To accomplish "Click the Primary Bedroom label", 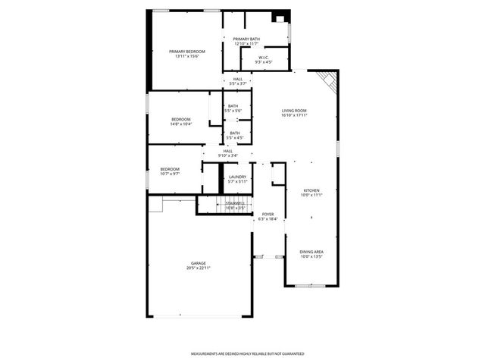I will coord(186,51).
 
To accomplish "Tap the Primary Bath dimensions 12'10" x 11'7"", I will coord(246,43).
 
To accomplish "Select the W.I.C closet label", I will coord(264,57).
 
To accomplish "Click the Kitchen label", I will coord(311,190).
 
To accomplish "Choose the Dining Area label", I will coord(311,252).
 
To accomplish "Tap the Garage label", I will coord(199,263).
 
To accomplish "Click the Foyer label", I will coord(268,215).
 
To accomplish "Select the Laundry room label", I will coord(237,177).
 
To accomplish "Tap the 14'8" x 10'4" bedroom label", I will coord(180,120).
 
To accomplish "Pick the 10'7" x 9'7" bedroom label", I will coord(170,169).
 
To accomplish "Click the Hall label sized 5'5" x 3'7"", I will coord(238,79).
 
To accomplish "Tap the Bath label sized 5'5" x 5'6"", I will coord(233,106).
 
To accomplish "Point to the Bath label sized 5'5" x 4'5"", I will coord(235,133).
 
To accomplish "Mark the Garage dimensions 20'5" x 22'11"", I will coord(199,268).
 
